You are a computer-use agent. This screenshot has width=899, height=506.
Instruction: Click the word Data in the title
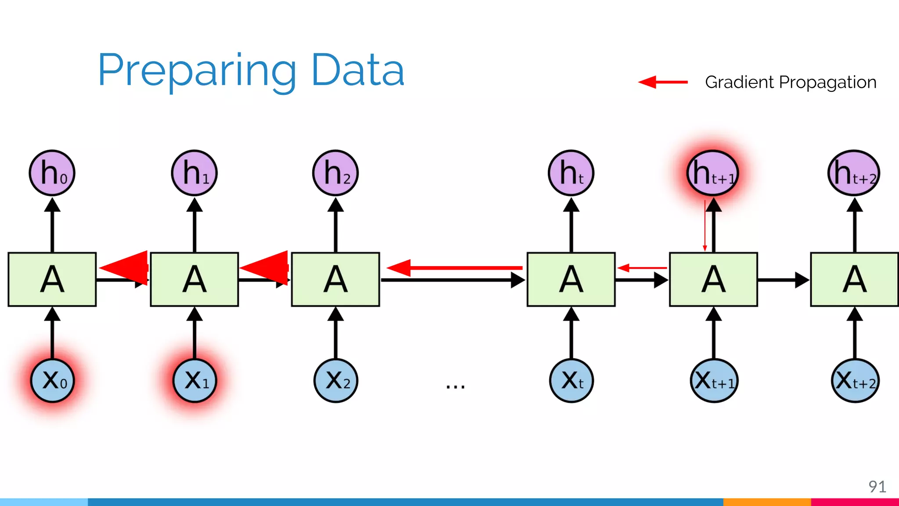pos(357,70)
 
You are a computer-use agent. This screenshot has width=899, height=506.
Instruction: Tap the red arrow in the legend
pos(663,82)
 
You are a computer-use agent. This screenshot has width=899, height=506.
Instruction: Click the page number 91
pos(877,486)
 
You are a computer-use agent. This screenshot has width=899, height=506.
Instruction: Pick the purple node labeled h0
pos(52,173)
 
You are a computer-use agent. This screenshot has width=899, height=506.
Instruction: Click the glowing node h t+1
pos(713,173)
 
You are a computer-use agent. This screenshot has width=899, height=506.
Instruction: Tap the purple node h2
pos(336,173)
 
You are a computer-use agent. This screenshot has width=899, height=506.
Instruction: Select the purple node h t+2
pos(854,173)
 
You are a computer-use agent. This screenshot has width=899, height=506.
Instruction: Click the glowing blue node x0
pos(52,380)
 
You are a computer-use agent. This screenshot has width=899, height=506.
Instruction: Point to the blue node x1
pos(194,380)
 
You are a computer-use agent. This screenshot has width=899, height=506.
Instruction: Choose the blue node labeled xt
pos(571,380)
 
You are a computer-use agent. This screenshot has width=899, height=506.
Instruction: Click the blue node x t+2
pos(855,380)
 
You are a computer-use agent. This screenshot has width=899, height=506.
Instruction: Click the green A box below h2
pos(336,279)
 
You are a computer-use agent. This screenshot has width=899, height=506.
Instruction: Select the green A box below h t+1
pos(713,279)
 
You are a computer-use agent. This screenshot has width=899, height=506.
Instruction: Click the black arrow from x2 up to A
pos(336,334)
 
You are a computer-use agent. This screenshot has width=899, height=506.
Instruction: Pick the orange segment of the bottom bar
pos(766,502)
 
